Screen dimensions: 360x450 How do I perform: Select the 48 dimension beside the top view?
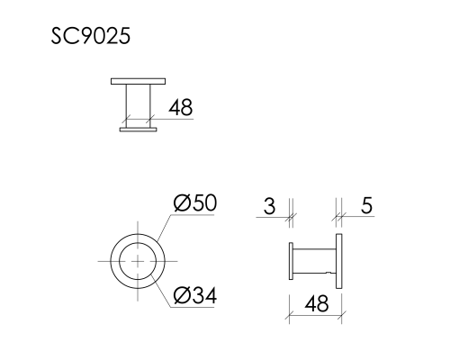pos(181,108)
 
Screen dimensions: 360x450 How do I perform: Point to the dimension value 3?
pos(269,206)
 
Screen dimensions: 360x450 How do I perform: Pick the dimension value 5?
pos(366,206)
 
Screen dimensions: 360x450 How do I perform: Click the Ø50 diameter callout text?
pos(195,203)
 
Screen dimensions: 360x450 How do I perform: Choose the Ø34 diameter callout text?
pos(195,294)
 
